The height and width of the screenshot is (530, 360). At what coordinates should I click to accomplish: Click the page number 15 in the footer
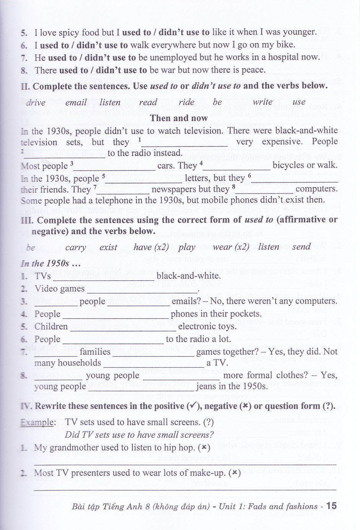point(331,506)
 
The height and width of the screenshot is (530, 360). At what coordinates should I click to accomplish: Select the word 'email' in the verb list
point(76,102)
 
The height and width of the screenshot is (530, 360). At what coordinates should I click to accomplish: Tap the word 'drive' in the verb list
point(36,102)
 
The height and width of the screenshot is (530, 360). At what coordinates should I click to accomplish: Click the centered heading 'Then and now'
point(179,118)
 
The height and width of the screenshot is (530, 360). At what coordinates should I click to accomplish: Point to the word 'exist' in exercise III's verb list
point(108,247)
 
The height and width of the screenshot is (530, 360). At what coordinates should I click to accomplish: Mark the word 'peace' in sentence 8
point(252,70)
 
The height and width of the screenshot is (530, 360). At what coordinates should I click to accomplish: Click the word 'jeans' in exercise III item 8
point(207,386)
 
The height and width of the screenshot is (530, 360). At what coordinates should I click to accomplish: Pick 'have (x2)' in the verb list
point(151,247)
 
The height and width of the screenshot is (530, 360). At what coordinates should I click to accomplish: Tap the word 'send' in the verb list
point(301,247)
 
